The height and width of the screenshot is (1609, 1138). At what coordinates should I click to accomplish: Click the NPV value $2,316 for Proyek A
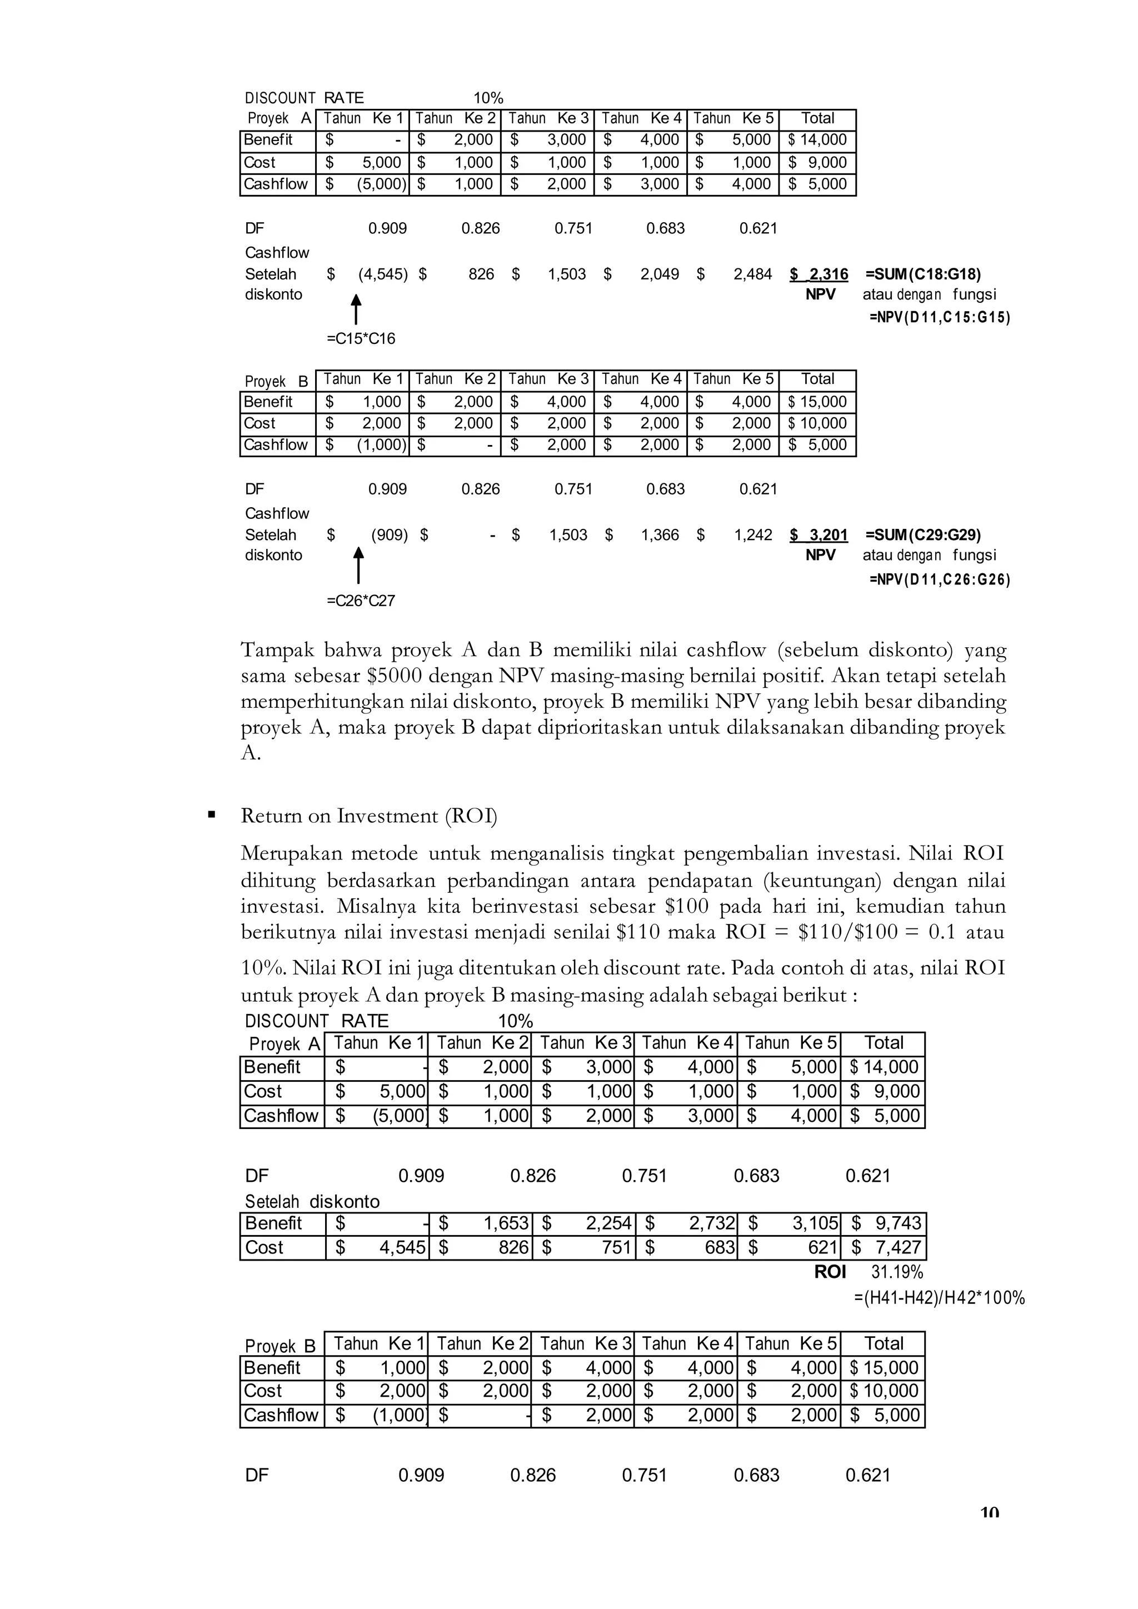(818, 274)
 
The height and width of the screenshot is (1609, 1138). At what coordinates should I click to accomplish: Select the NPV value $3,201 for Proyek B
(818, 536)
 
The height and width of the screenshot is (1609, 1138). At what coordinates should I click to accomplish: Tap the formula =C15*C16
(361, 339)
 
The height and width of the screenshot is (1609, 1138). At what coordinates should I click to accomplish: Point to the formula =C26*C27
(361, 601)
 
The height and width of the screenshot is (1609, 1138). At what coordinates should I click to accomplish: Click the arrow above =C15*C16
(356, 309)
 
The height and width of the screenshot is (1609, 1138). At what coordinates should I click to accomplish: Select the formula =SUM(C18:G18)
(923, 274)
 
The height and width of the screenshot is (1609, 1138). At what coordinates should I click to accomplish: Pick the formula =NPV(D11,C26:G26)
(939, 580)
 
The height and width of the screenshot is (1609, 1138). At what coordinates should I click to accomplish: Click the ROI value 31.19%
(897, 1272)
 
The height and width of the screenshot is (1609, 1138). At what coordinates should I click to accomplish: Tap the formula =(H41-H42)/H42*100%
(939, 1298)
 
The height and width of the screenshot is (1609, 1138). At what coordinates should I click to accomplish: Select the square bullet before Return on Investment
(212, 815)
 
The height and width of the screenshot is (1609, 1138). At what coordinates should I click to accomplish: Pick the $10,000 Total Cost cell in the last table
(883, 1390)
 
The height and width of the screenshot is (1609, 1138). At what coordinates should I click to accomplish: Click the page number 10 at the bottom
(989, 1512)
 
